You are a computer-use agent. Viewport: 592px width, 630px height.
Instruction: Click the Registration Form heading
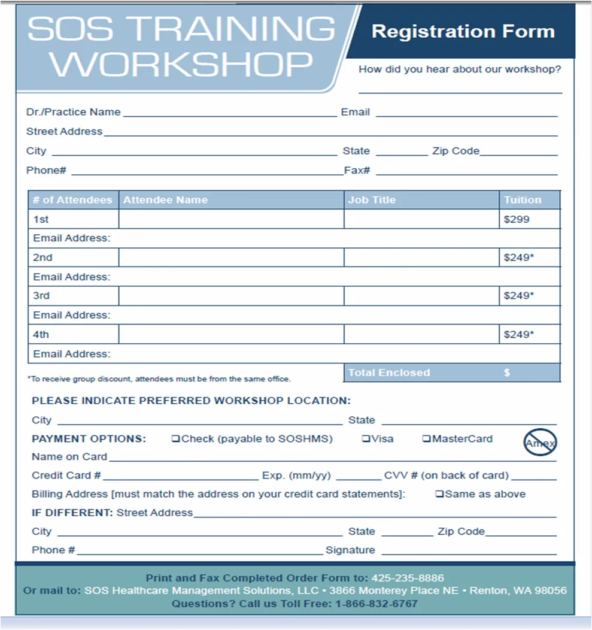pos(463,32)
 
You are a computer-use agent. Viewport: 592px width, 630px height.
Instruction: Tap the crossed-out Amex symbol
pos(540,443)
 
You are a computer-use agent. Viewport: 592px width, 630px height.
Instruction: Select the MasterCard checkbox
pos(426,439)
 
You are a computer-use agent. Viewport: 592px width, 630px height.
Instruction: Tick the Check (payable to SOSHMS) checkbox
pos(176,439)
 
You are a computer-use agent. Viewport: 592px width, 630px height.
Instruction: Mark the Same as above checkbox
pos(439,494)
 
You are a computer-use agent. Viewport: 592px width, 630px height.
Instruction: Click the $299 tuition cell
pos(517,219)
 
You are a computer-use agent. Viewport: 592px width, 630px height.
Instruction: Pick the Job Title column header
pos(372,200)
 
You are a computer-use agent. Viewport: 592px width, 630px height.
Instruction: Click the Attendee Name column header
pos(165,200)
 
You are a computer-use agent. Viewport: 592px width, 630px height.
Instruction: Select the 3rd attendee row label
pos(41,296)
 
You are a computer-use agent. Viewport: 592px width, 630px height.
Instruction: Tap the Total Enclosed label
pos(389,372)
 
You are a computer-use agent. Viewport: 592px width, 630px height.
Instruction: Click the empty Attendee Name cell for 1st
pos(231,219)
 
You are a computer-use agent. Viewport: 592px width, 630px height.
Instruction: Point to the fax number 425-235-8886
pos(408,578)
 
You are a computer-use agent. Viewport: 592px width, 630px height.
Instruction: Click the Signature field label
pos(350,550)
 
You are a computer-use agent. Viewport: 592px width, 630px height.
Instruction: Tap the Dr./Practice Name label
pos(73,112)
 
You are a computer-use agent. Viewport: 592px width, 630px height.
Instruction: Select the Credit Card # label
pos(66,475)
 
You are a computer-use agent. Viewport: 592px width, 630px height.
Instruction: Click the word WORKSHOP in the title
pos(181,64)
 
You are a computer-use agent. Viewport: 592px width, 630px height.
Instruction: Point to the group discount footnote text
pos(159,378)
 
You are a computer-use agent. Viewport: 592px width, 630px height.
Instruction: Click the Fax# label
pos(357,171)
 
